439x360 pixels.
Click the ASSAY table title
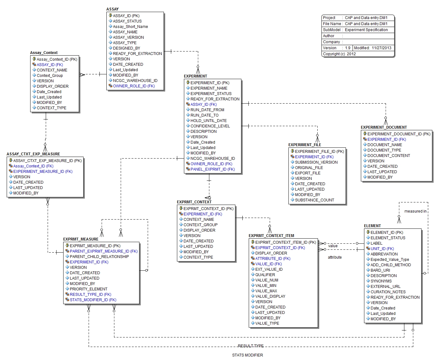click(x=112, y=9)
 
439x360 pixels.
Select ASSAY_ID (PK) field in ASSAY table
click(x=126, y=16)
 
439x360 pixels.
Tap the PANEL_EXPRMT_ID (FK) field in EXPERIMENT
click(x=213, y=169)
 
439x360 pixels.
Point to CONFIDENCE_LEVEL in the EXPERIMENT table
click(x=210, y=126)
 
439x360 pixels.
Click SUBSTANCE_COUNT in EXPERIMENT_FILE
click(x=314, y=200)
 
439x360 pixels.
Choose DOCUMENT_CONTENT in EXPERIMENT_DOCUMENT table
click(x=388, y=156)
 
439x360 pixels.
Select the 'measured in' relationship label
click(x=415, y=211)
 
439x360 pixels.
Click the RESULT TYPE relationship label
click(x=251, y=346)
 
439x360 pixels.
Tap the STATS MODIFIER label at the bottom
click(x=247, y=355)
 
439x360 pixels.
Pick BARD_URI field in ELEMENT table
click(x=380, y=270)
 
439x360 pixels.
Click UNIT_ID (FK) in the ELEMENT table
click(x=382, y=249)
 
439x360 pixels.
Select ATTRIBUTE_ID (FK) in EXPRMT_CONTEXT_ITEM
click(x=273, y=259)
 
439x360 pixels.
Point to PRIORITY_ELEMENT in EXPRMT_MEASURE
click(x=88, y=289)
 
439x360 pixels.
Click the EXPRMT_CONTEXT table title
click(x=194, y=202)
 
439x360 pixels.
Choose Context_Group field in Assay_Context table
click(x=50, y=76)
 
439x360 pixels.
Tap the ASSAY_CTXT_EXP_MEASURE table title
click(x=33, y=154)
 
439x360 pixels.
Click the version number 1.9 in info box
click(x=348, y=48)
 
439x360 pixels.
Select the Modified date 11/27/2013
click(x=382, y=48)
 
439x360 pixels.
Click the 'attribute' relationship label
click(x=334, y=257)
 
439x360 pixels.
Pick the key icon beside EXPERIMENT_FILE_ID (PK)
click(x=292, y=151)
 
